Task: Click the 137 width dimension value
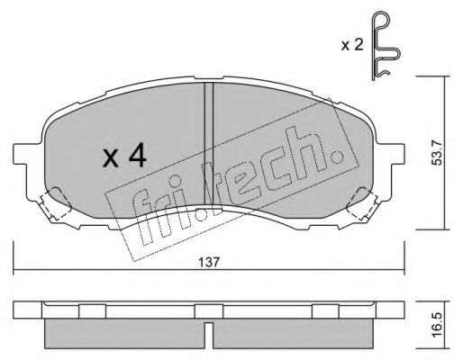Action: [x=209, y=262]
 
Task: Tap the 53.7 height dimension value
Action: [x=437, y=153]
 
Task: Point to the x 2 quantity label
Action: [x=352, y=46]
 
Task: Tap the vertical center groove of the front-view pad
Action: [x=209, y=144]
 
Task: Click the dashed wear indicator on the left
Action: [x=55, y=203]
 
